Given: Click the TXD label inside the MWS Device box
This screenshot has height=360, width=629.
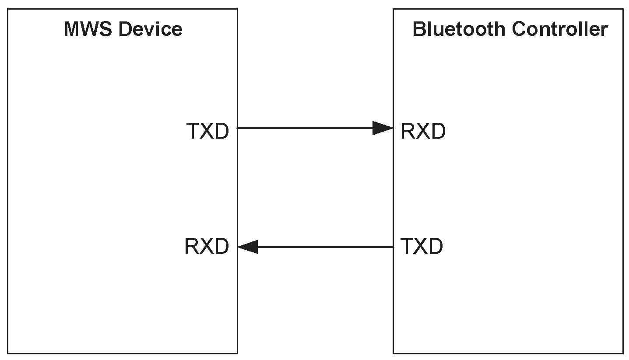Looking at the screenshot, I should coord(207,131).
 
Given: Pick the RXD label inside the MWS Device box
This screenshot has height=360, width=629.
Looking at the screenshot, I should coord(207,246).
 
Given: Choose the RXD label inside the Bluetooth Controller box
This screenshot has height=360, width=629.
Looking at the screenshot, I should coord(423,131).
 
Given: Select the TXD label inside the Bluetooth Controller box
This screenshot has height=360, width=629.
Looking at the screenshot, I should coord(422,246).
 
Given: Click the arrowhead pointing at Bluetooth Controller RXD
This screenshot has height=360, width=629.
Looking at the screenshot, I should coord(383,128).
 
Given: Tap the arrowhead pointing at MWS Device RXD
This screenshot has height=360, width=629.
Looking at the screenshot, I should coord(248,247).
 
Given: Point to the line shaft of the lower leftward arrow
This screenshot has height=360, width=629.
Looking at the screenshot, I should coord(324,247).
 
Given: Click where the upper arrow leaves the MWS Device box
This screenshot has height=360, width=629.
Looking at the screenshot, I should coord(238,128).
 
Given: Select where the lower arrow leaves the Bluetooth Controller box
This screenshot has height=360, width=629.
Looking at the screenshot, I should coord(393,247).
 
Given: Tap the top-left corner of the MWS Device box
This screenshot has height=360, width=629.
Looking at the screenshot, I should coord(8,9).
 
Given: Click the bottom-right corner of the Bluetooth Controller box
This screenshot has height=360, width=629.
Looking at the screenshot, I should coord(623,353).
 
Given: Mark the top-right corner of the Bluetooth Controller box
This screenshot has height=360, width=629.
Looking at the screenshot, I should coord(623,9).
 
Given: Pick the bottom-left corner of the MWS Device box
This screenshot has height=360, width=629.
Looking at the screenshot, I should coord(8,353).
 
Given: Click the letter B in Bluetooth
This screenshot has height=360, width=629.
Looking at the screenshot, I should coord(419,30).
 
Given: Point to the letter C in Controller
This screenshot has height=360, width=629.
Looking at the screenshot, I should coord(519,30).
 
